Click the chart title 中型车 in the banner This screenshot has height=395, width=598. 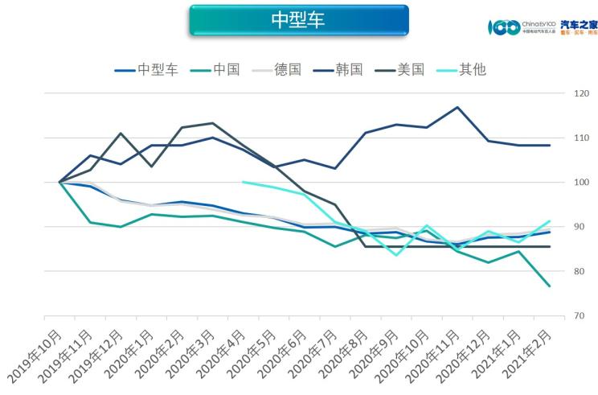(x=298, y=20)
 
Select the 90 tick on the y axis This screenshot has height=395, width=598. (x=578, y=228)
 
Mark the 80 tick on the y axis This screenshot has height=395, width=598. (x=578, y=272)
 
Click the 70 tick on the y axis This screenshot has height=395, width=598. (x=578, y=316)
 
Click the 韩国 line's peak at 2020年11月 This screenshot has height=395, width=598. (x=457, y=107)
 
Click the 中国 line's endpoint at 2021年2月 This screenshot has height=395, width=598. (x=549, y=286)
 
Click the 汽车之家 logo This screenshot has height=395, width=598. (x=578, y=27)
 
